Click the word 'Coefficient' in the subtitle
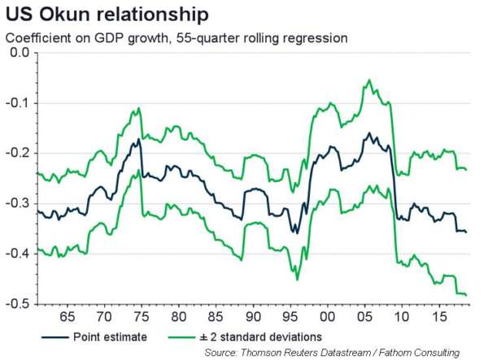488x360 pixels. pyautogui.click(x=34, y=38)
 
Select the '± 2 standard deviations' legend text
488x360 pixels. pyautogui.click(x=271, y=335)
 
